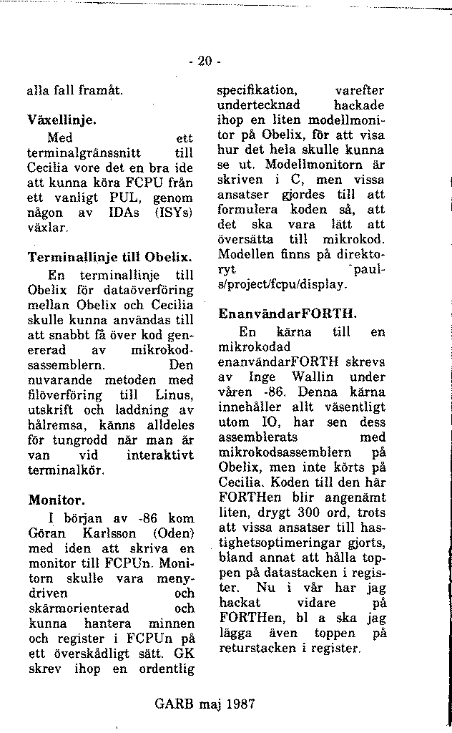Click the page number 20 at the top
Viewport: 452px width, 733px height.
click(x=205, y=62)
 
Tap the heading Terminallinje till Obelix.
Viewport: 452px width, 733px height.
click(x=111, y=256)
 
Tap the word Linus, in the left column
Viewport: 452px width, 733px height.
click(x=174, y=395)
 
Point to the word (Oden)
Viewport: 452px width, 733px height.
click(x=172, y=533)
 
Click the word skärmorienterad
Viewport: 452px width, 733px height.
click(x=79, y=608)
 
